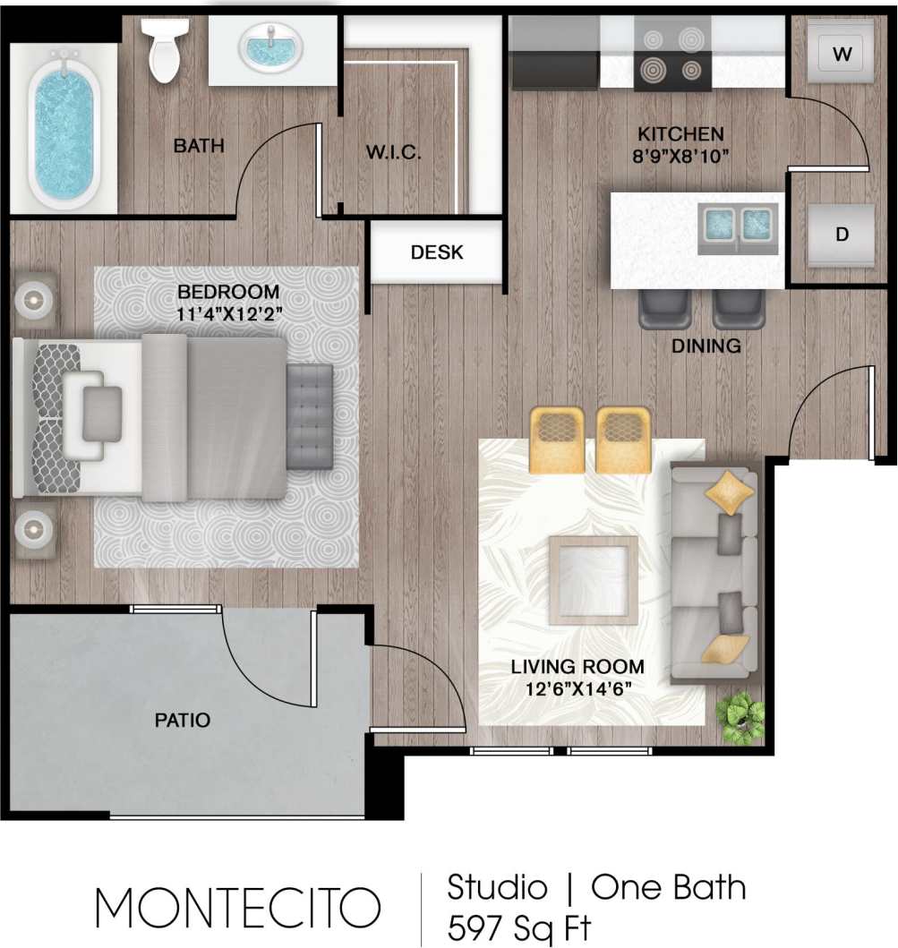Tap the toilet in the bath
point(166,49)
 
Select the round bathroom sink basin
point(270,46)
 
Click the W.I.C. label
point(393,153)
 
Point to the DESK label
point(437,253)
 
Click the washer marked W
point(842,54)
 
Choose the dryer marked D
point(842,235)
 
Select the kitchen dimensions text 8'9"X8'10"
point(680,155)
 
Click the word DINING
point(706,346)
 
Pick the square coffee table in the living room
point(593,580)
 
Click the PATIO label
point(182,720)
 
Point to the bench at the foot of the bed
point(310,416)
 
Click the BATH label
point(199,146)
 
